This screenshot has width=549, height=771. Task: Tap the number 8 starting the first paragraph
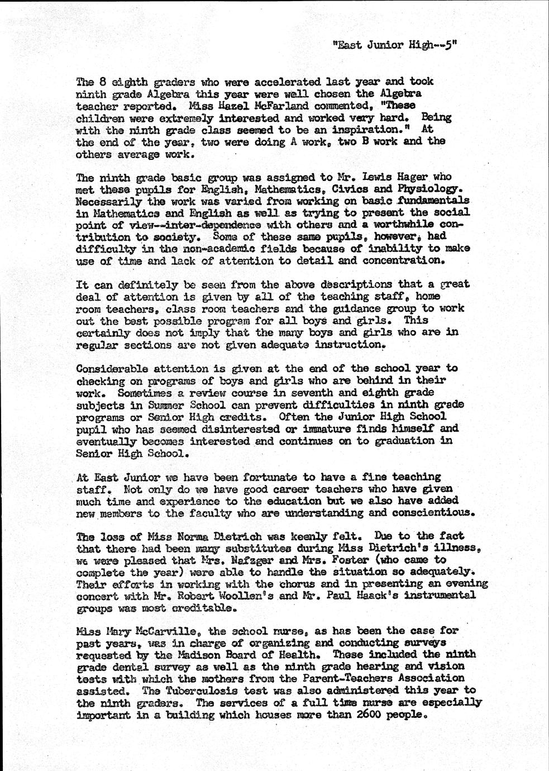click(x=97, y=81)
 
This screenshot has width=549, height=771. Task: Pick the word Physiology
click(x=430, y=189)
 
